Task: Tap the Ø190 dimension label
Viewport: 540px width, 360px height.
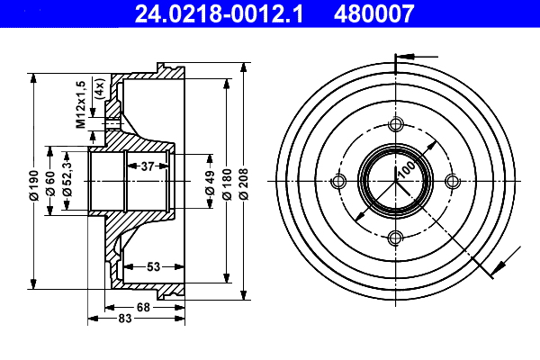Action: (34, 182)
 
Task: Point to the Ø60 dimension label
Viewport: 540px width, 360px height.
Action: (51, 182)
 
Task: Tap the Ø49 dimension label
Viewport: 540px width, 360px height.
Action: (210, 182)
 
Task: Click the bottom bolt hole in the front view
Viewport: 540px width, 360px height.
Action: (394, 238)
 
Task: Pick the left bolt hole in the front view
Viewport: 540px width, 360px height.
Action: (338, 182)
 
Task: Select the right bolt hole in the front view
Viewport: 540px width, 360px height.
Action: (451, 182)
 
